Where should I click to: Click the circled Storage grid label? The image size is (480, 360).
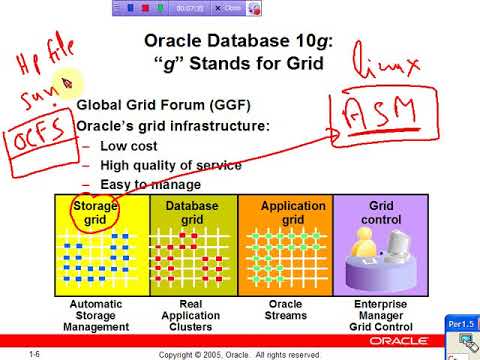coord(95,212)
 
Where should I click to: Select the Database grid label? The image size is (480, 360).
coord(192,212)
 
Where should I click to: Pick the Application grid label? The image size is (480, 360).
coord(293,212)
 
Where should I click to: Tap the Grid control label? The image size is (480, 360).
coord(383,212)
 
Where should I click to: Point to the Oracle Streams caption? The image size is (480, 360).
coord(293,309)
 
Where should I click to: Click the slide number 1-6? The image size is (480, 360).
coord(34,354)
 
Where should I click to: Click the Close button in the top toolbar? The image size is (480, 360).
coord(230,8)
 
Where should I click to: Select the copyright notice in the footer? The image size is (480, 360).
coord(240,354)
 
